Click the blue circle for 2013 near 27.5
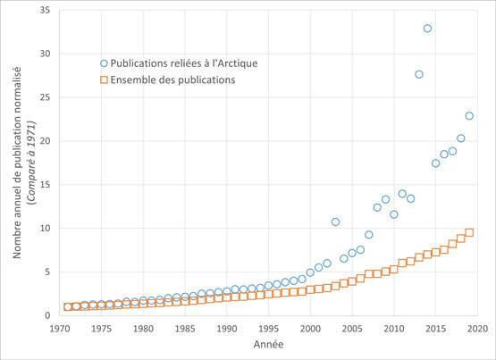(419, 74)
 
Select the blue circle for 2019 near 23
(469, 116)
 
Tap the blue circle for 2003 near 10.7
(335, 222)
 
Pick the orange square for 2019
(469, 233)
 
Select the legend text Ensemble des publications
(171, 80)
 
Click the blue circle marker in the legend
(104, 63)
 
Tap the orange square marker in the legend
(104, 80)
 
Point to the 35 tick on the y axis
(45, 10)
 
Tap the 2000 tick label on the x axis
(309, 329)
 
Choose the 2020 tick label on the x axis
(476, 329)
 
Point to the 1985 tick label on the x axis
(184, 329)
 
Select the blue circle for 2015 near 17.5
(436, 163)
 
